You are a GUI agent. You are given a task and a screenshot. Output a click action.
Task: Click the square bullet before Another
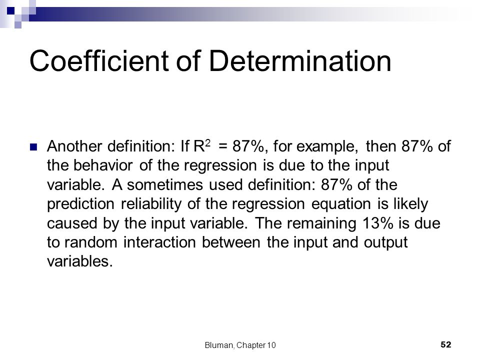tap(34, 147)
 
